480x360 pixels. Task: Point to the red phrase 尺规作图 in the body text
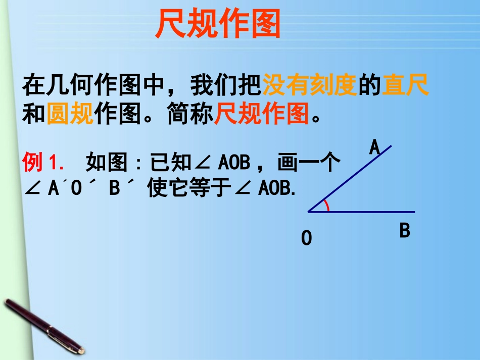[x=262, y=114]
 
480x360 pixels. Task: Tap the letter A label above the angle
[x=374, y=147]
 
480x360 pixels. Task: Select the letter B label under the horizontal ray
[x=405, y=231]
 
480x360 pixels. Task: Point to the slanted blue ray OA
[x=354, y=176]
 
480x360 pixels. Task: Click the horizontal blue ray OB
[x=374, y=212]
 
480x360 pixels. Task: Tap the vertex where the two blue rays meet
[x=309, y=212]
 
